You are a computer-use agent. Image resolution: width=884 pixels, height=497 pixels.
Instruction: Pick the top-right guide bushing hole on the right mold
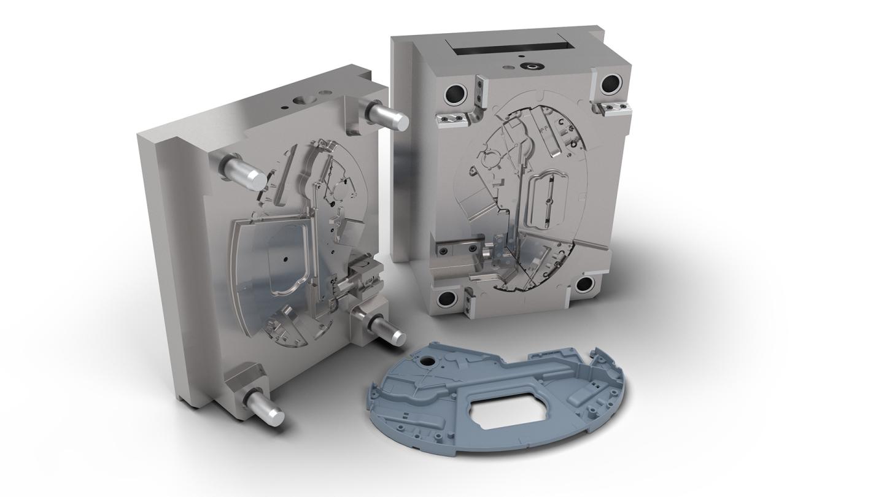point(611,84)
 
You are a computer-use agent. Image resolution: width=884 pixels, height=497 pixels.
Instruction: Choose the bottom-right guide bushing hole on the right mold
point(584,284)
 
